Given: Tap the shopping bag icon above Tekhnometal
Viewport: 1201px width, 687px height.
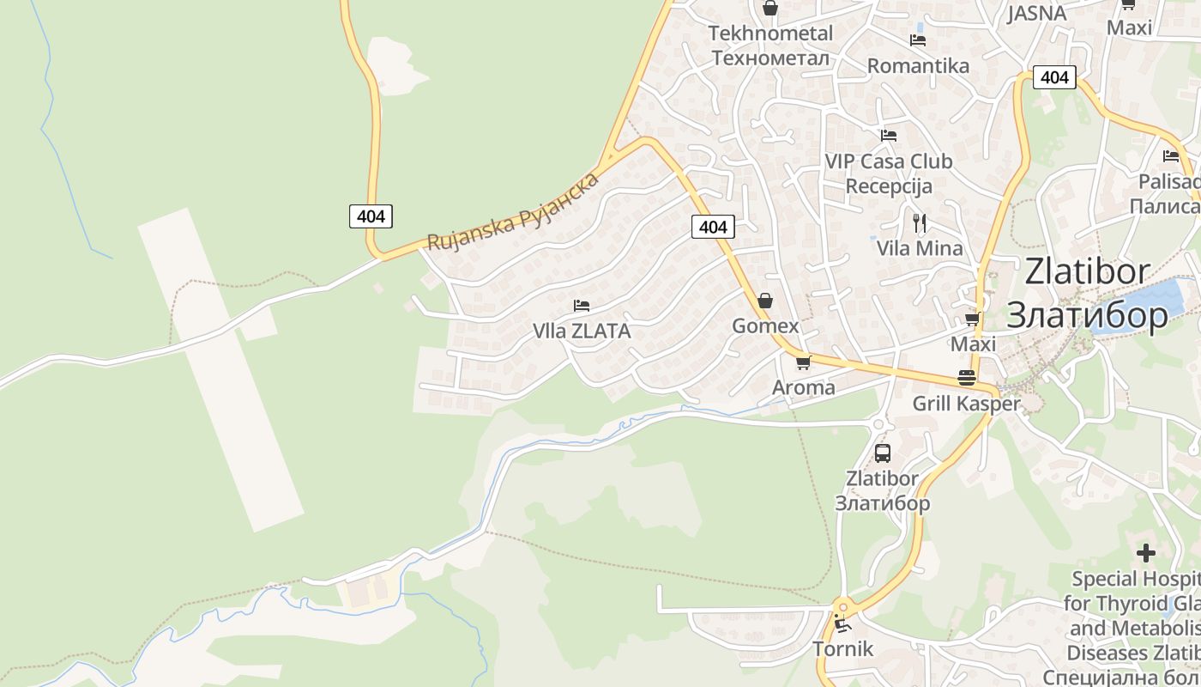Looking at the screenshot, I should [x=770, y=9].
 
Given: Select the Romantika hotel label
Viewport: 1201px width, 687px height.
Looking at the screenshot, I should [x=918, y=66].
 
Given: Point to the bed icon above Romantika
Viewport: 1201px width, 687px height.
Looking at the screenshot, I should [x=918, y=40].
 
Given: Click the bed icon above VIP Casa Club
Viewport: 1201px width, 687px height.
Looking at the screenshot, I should [x=889, y=136].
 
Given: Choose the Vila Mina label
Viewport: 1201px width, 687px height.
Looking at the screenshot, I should [x=920, y=249].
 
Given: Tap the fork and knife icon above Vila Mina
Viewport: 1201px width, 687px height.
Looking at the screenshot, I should [x=920, y=223].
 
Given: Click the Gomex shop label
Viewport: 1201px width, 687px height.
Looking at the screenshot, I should [x=765, y=326].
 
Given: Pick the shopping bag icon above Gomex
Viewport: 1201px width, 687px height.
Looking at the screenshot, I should [x=765, y=301].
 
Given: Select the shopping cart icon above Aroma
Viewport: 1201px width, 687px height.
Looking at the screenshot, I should [x=804, y=362].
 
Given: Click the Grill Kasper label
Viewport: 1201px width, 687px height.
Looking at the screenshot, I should [x=967, y=404].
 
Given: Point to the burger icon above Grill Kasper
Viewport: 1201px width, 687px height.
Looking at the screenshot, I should [x=967, y=378].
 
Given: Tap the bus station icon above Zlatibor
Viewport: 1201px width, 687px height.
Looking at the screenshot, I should [x=883, y=453].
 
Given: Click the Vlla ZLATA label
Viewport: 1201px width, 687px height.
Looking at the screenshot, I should [x=582, y=331].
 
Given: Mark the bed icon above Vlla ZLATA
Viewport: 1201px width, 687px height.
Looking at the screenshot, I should [x=582, y=306].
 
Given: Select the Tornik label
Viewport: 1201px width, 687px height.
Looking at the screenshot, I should [x=843, y=649].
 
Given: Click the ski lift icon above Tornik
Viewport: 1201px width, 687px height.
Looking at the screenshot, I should [x=842, y=623].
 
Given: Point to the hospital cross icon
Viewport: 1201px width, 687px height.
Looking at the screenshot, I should [x=1146, y=553].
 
